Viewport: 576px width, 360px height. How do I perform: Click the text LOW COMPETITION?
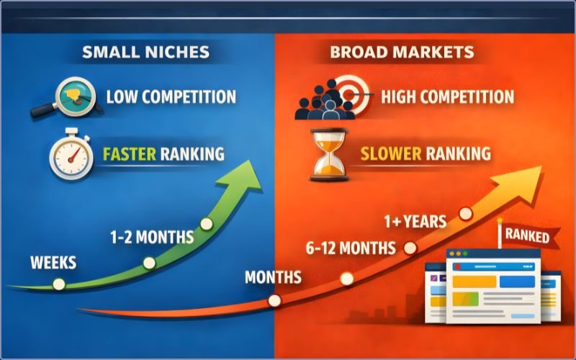point(171,96)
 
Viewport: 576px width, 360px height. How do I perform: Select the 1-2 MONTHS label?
point(151,236)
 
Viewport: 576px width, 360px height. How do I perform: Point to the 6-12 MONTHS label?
point(351,248)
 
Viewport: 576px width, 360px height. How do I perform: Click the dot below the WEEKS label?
point(59,284)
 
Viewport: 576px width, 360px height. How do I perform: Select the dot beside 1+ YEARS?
point(465,213)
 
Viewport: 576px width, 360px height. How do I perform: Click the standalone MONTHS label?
point(274,277)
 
